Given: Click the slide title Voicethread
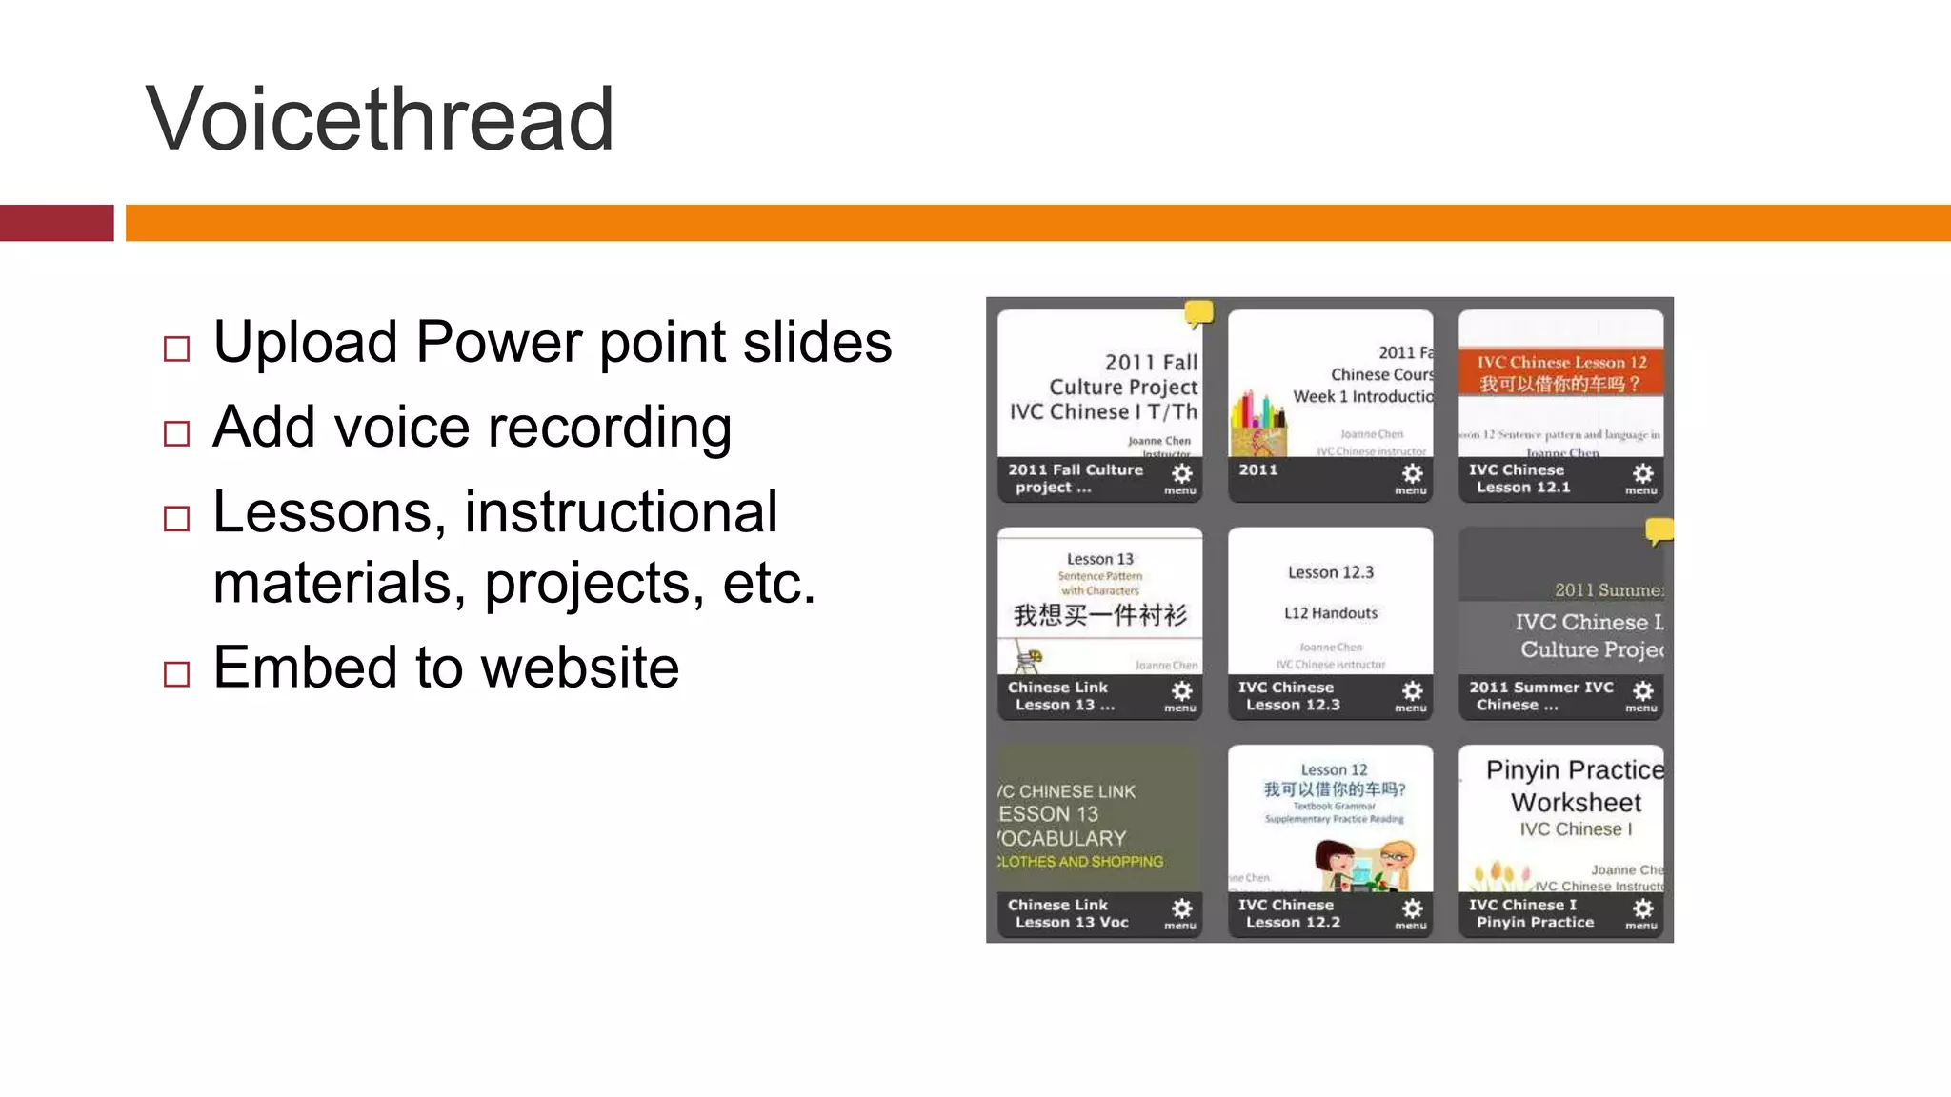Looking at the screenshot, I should click(x=379, y=119).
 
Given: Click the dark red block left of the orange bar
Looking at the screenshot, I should click(x=56, y=223).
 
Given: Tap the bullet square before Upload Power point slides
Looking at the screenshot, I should click(x=177, y=349).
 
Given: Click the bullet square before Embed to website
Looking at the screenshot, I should click(x=177, y=674).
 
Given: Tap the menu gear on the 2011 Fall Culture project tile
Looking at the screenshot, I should click(x=1181, y=475).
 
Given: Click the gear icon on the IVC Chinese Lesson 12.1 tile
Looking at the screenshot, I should click(x=1642, y=475).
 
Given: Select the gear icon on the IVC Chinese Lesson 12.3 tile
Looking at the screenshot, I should click(x=1412, y=692).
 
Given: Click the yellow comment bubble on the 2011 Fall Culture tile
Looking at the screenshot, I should click(x=1198, y=313).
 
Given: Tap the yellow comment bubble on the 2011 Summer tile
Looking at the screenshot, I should click(x=1659, y=530).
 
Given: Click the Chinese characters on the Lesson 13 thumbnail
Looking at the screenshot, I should click(x=1100, y=615).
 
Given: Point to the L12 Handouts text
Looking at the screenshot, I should click(x=1331, y=613).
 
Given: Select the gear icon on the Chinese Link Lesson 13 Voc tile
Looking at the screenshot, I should click(x=1181, y=910).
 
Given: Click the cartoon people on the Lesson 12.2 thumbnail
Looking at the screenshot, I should click(x=1362, y=863).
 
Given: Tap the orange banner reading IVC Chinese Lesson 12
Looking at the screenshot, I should click(x=1560, y=373).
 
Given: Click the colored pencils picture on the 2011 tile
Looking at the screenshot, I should click(x=1257, y=425).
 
